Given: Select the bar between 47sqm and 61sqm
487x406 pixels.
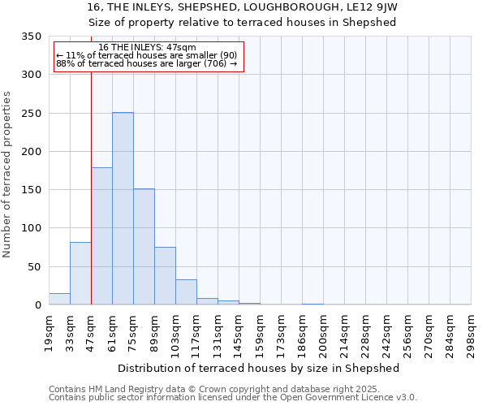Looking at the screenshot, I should (101, 236).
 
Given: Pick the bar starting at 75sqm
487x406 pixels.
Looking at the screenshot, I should (144, 247).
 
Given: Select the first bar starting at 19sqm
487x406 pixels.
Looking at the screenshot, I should (59, 299).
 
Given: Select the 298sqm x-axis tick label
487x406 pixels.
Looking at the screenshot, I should (472, 334).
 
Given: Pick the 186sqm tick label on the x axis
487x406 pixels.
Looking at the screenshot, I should (303, 334).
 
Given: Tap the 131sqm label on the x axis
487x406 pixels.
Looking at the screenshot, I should (218, 334).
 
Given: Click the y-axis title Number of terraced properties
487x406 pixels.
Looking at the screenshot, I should (7, 175).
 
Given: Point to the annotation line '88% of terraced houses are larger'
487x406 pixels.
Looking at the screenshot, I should (146, 63).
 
